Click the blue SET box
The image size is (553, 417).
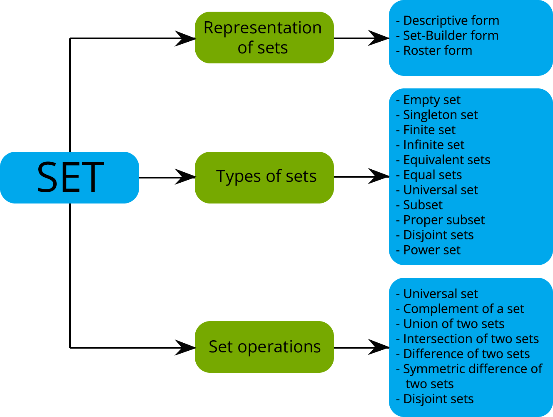click(69, 178)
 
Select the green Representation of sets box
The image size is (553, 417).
click(264, 38)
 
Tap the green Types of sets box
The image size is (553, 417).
click(264, 177)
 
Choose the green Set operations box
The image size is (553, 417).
click(264, 347)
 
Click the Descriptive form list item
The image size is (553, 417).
click(451, 20)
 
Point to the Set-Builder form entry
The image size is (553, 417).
click(450, 35)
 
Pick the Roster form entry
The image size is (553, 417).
click(437, 50)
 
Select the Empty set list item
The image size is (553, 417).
click(431, 100)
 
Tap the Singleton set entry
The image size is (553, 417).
click(440, 115)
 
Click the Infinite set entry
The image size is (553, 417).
click(433, 145)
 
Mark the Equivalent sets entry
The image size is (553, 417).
click(446, 160)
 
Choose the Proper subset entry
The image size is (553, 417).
click(443, 220)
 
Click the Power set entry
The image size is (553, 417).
click(431, 250)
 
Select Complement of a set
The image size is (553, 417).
click(463, 309)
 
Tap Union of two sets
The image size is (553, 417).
click(453, 324)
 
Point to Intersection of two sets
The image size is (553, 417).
click(471, 339)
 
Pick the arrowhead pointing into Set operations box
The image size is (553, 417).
click(185, 347)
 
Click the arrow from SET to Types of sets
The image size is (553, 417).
click(167, 177)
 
